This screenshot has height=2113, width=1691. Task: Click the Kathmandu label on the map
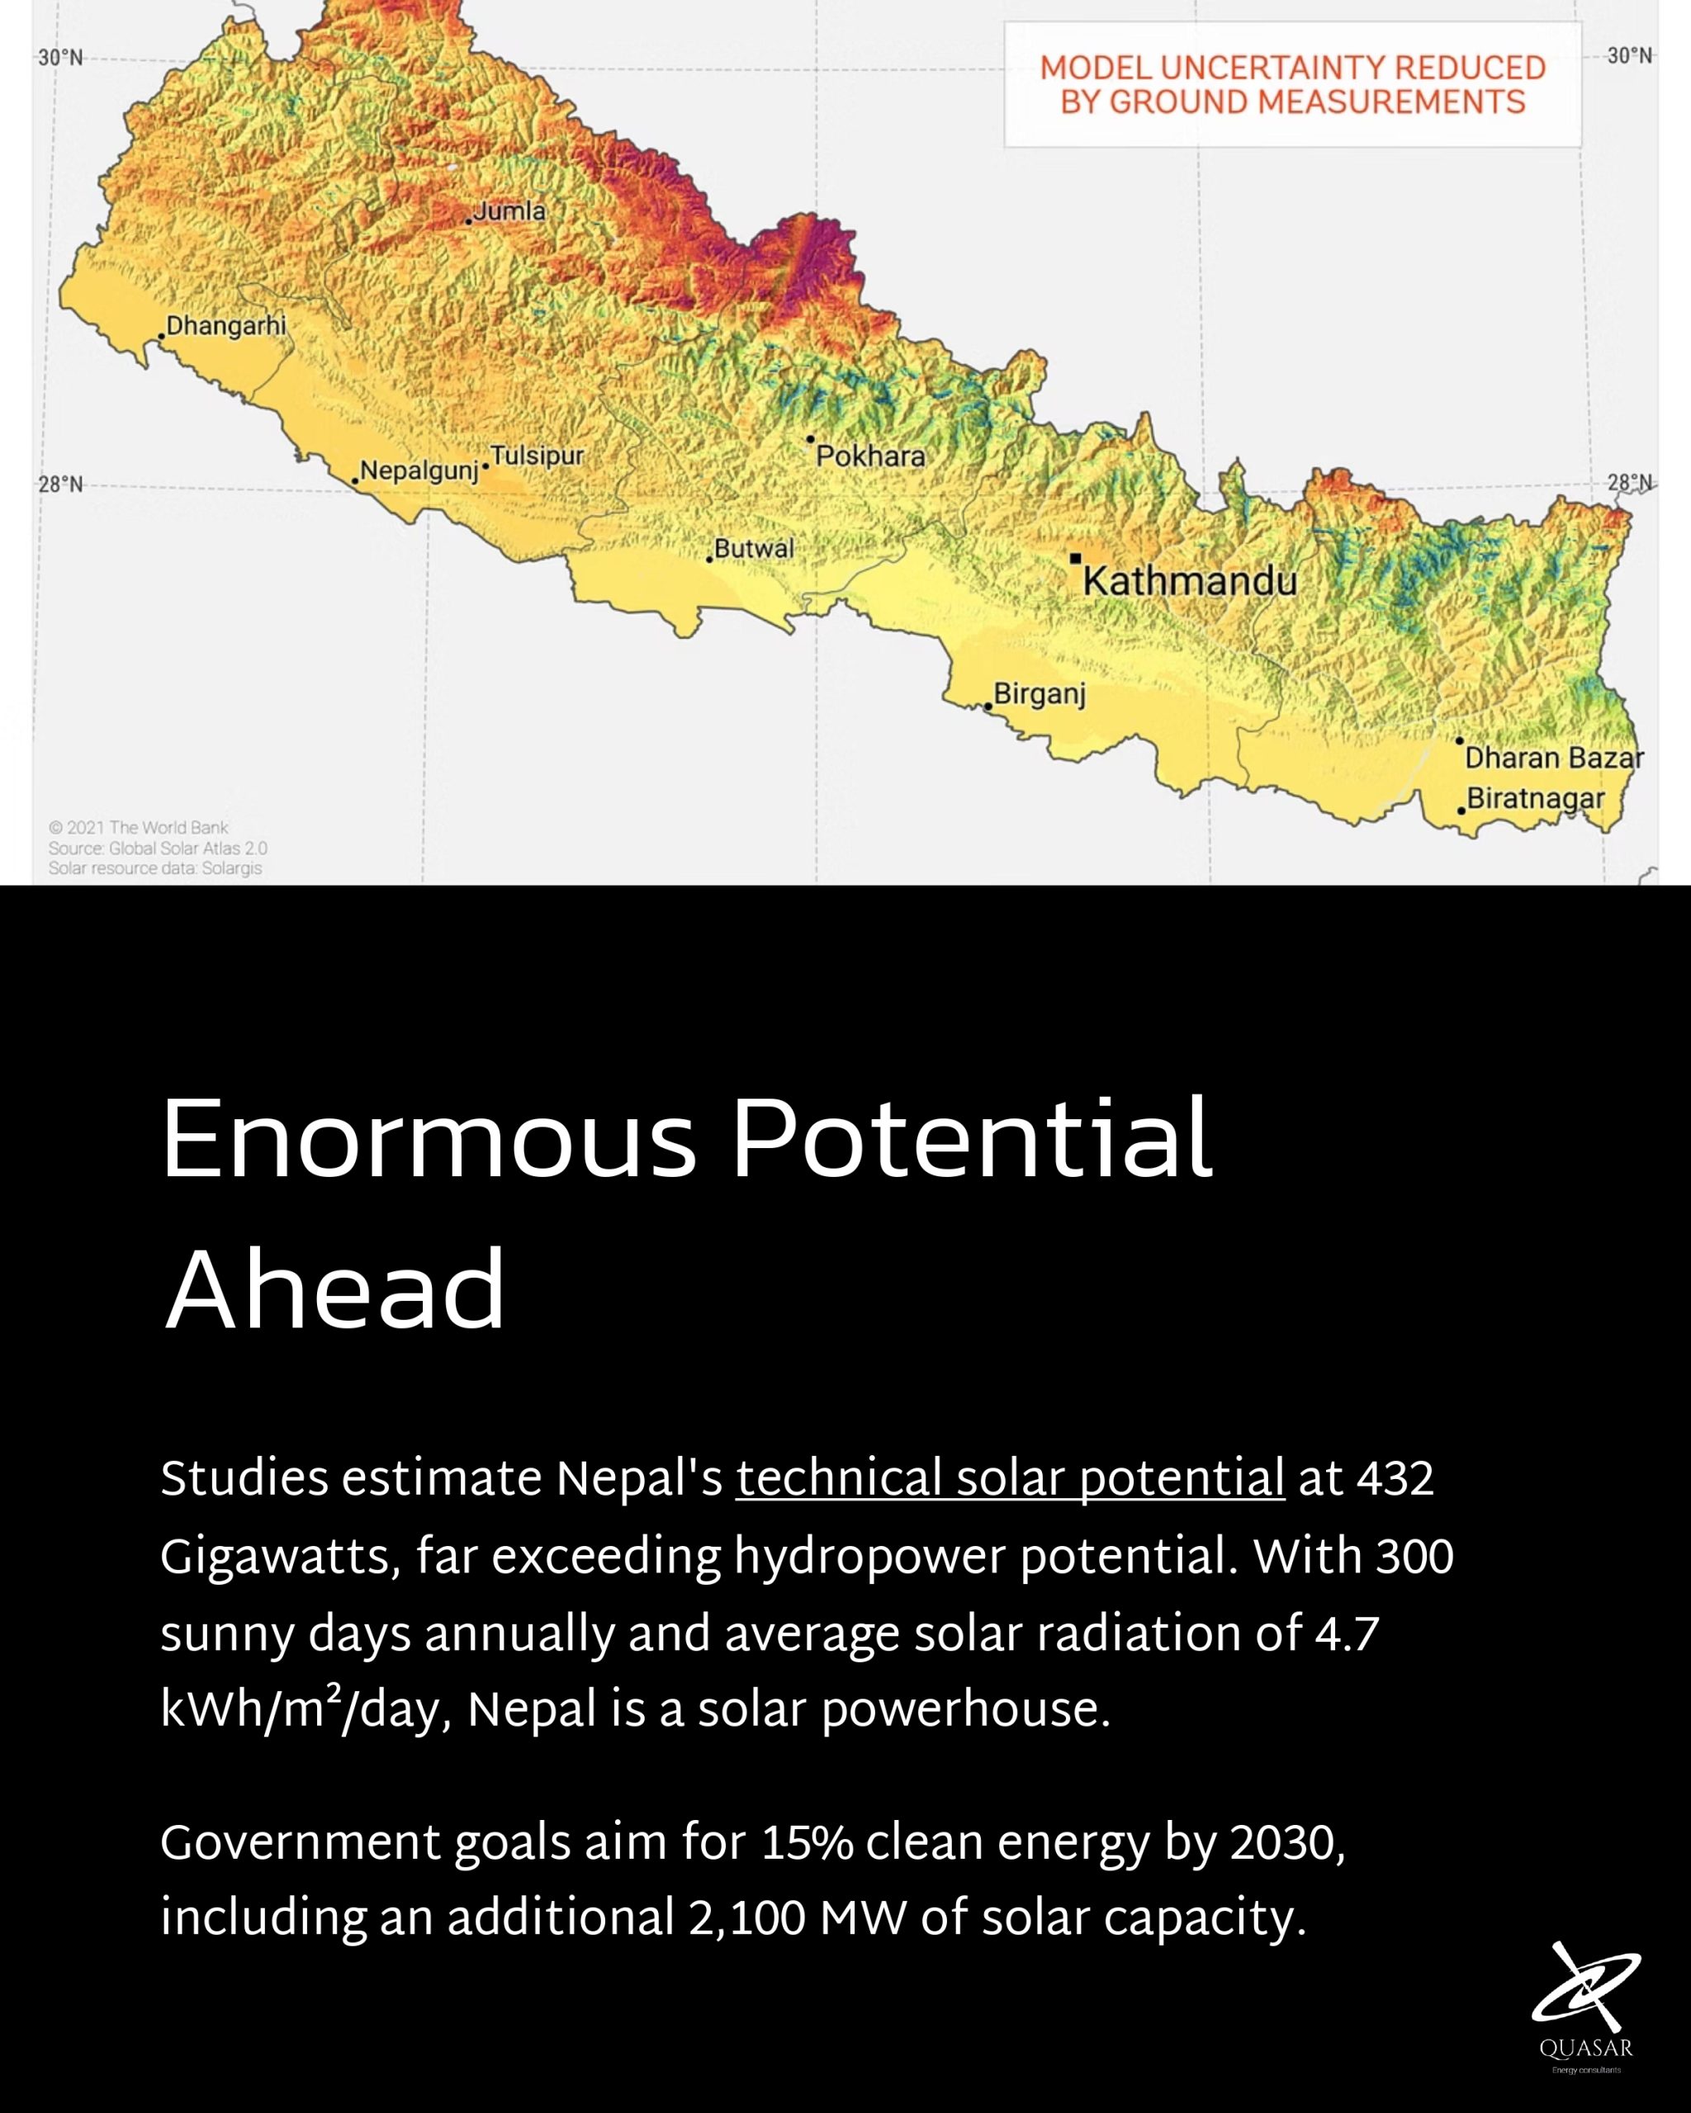pos(1189,582)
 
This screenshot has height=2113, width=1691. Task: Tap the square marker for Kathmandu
pos(1075,559)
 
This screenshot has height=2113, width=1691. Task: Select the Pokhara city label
pos(870,456)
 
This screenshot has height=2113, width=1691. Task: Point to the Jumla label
pos(509,210)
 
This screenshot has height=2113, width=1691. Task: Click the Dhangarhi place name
pos(225,325)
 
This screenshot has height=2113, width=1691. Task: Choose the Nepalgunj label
pos(419,471)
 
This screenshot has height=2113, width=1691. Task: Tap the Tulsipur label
pos(536,456)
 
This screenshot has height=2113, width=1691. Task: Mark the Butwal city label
pos(754,549)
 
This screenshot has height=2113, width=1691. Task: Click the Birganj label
pos(1039,695)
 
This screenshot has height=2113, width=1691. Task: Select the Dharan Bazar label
pos(1554,759)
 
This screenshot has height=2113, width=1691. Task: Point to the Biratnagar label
pos(1535,799)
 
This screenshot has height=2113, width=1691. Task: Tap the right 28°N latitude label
pos(1629,483)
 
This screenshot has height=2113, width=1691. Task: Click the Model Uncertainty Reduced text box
pos(1292,85)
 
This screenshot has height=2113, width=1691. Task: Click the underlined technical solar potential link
pos(1010,1478)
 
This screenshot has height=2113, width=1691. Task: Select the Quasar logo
pos(1585,2005)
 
